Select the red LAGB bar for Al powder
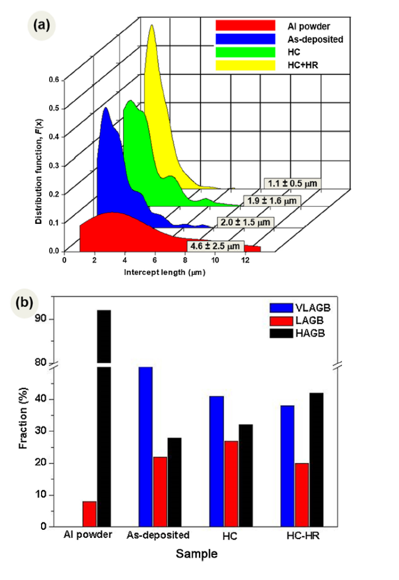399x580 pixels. click(x=89, y=514)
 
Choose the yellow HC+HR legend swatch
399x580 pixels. click(x=246, y=65)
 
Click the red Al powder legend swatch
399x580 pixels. click(x=246, y=26)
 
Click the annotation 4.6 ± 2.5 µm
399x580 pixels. click(x=215, y=246)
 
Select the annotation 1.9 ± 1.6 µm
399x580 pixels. click(x=272, y=201)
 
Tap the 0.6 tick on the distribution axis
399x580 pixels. click(x=53, y=80)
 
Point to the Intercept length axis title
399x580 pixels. click(x=164, y=272)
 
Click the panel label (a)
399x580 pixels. click(x=40, y=25)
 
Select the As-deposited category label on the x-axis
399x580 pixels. click(x=158, y=536)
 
